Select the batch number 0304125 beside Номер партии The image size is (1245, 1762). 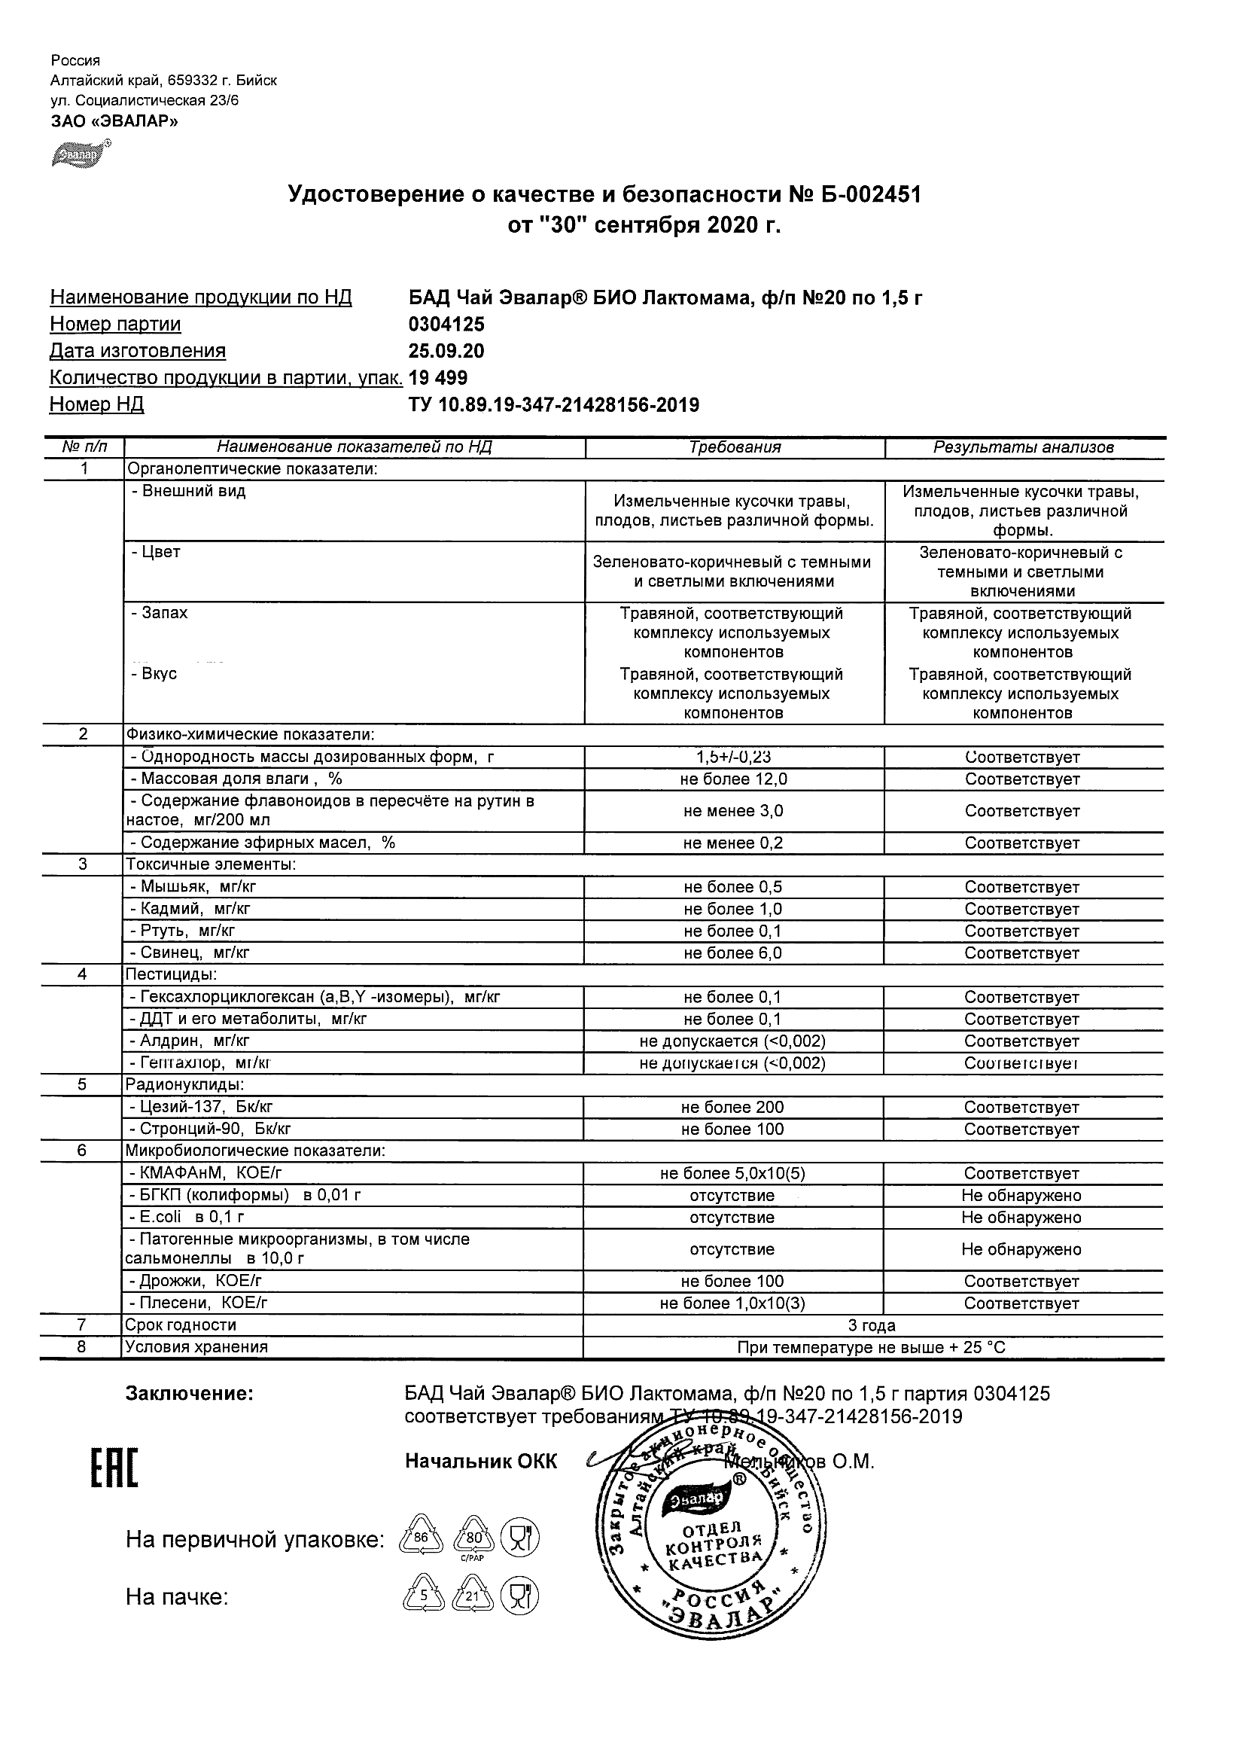pyautogui.click(x=446, y=325)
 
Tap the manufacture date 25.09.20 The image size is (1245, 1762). pyautogui.click(x=446, y=352)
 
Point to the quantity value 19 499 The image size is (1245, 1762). pyautogui.click(x=438, y=378)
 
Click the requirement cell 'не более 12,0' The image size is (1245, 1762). pyautogui.click(x=735, y=779)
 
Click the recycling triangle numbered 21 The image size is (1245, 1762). pyautogui.click(x=472, y=1598)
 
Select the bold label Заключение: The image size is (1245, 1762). pyautogui.click(x=190, y=1394)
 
